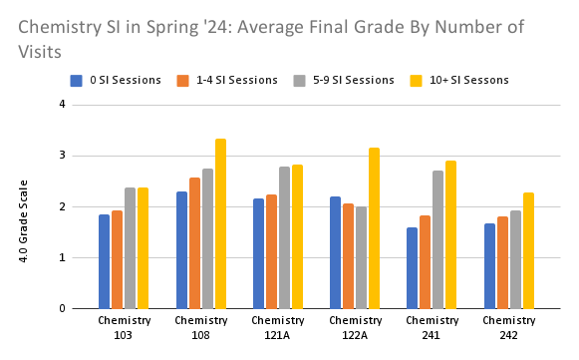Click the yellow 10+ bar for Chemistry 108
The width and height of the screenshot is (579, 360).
tap(220, 223)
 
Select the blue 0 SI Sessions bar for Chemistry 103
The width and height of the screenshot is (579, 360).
tap(104, 261)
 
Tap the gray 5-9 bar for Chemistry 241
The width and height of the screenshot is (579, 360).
tap(438, 239)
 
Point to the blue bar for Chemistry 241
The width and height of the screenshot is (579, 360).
tap(412, 268)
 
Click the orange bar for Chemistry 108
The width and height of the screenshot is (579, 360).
tap(194, 243)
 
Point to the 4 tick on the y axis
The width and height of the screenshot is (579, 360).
tap(61, 104)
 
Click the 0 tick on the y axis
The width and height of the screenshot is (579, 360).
tap(61, 309)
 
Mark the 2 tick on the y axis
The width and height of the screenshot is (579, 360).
tap(61, 206)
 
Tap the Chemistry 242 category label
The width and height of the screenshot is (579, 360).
tap(509, 327)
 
